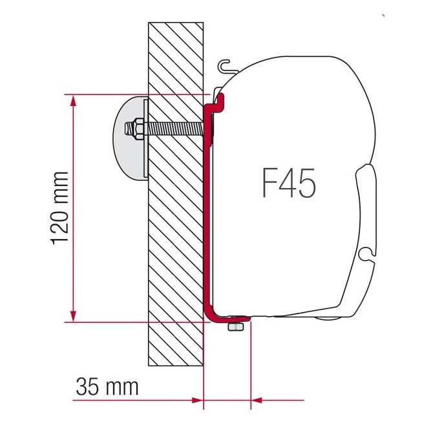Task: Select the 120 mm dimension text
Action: (60, 207)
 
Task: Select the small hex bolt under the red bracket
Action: (236, 327)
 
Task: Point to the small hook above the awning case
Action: (224, 65)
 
